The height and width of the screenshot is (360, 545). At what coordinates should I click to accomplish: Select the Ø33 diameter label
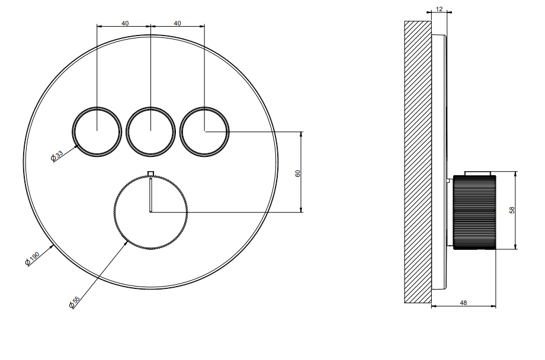57,156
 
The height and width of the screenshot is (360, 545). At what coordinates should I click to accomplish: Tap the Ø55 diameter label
75,302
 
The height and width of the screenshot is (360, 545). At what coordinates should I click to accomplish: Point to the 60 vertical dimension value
297,173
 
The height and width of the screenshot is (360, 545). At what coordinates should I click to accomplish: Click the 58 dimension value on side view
512,210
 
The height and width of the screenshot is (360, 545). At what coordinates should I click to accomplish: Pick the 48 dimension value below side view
463,303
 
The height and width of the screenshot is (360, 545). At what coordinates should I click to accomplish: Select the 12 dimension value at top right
439,9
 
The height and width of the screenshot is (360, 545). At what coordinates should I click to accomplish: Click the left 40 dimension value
125,23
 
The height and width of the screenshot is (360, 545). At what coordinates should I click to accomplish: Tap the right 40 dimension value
177,23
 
